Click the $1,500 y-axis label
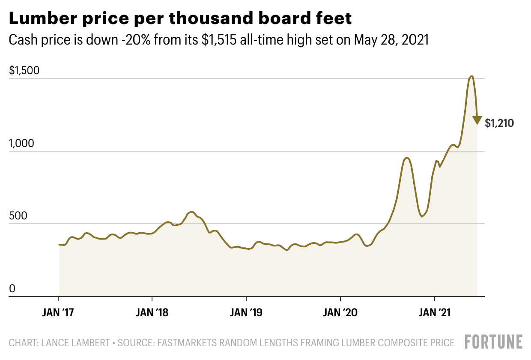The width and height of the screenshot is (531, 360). pos(24,71)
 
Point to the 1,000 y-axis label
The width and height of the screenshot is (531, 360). pos(22,144)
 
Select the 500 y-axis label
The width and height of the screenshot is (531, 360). pos(18,216)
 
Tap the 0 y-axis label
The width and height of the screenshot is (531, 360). pos(12,289)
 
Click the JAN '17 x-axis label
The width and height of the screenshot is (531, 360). pos(58,313)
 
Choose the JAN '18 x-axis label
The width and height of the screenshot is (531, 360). pos(152,313)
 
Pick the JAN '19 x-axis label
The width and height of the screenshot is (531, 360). pos(246,313)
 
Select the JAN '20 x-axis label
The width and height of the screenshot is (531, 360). pos(340,313)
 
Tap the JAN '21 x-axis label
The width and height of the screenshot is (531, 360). pos(435,313)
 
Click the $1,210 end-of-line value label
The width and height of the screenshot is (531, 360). pos(499,124)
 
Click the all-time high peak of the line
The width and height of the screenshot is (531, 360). pos(471,76)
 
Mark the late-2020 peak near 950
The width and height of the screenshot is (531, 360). pos(407,158)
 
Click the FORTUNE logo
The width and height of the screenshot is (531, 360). pos(494,342)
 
